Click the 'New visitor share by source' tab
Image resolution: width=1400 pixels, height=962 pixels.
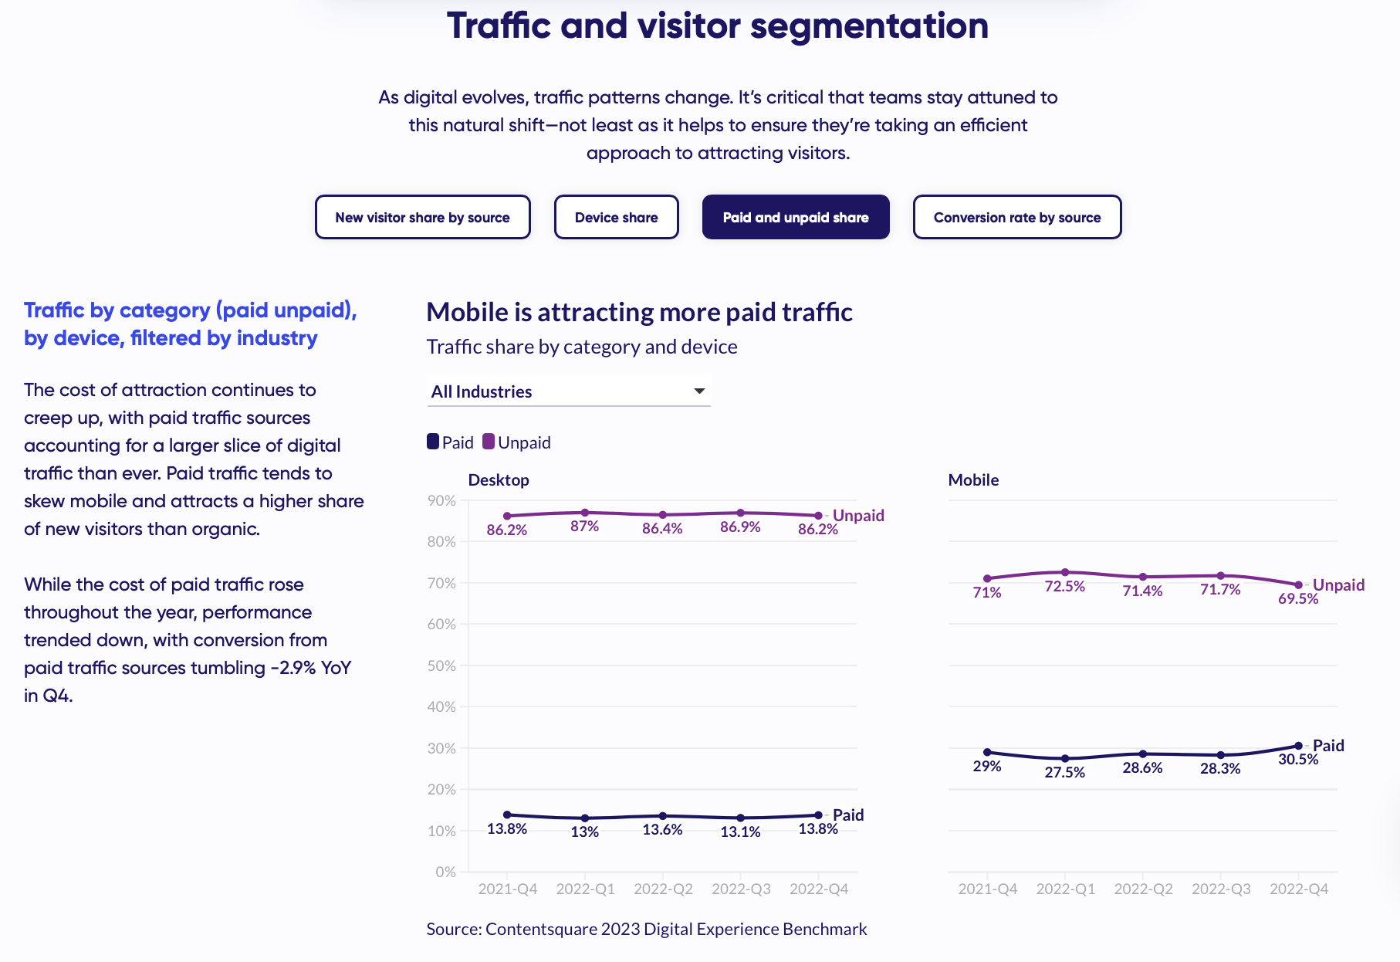pos(422,217)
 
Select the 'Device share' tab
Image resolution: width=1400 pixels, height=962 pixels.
pos(616,217)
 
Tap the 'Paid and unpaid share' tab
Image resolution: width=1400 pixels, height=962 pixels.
pos(795,217)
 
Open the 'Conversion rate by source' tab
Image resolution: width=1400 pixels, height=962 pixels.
pos(1016,217)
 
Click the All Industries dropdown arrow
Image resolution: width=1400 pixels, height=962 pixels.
pos(699,391)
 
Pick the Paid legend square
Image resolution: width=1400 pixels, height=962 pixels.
pos(433,442)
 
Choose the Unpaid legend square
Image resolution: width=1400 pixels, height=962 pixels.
pos(489,442)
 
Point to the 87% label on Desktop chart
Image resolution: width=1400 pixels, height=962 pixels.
pos(584,526)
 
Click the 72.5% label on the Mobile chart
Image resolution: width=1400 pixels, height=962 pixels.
pos(1064,586)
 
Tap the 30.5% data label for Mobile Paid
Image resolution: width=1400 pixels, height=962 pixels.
pos(1298,759)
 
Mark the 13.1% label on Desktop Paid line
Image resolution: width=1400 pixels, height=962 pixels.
pos(740,832)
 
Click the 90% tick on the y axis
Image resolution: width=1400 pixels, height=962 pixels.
pos(441,500)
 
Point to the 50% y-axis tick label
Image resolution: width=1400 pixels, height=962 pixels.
pos(441,666)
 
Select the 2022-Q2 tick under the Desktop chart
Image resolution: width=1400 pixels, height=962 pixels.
pos(663,889)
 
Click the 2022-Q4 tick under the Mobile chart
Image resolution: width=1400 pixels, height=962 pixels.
pos(1299,889)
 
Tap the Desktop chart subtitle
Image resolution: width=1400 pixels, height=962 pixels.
pos(499,479)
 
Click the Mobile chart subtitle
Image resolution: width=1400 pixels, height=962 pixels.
pos(973,479)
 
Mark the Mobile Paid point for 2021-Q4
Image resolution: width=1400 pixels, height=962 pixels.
pos(987,752)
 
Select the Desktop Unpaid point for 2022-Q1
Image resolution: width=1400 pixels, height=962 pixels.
pos(584,513)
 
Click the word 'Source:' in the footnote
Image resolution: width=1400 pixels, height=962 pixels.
pos(454,929)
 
